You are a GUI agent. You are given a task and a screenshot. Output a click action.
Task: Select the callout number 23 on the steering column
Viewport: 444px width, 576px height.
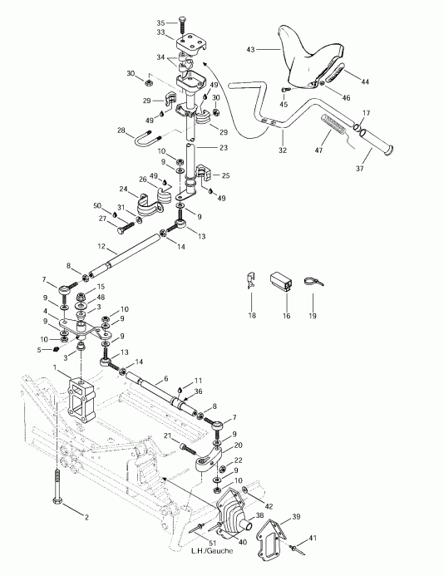point(224,148)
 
